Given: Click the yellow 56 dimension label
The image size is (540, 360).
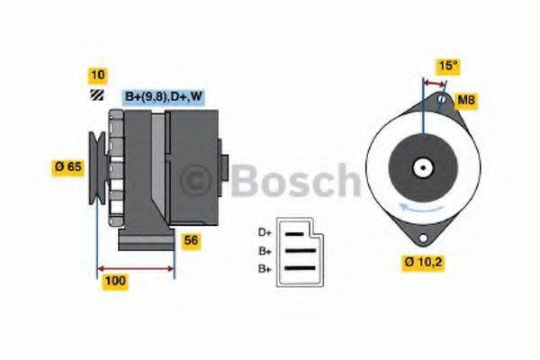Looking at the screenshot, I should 191,239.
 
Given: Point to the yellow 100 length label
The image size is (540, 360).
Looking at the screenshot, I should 115,282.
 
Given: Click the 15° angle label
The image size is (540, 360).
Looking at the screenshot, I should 447,66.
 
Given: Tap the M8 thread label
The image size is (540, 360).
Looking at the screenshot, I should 466,100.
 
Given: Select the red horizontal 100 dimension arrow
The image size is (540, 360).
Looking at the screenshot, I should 135,266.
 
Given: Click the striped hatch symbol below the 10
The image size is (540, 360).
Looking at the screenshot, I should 95,93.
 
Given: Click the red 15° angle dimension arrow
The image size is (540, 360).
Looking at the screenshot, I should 433,82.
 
